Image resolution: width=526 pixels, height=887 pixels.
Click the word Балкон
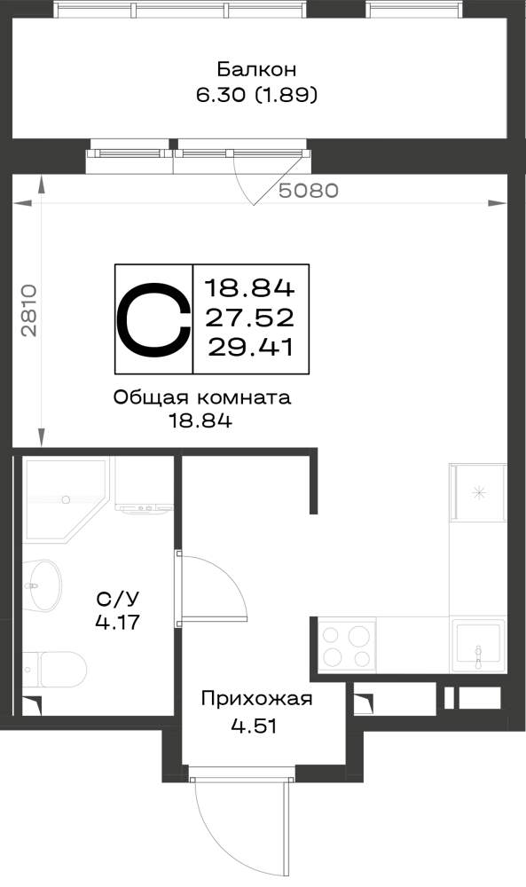[x=256, y=69]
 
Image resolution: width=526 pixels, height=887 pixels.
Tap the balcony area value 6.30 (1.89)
[x=256, y=95]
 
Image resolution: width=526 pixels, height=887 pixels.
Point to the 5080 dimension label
[x=309, y=191]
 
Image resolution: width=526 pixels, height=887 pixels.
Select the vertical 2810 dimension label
[x=29, y=310]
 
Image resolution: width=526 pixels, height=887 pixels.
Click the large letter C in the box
[x=153, y=318]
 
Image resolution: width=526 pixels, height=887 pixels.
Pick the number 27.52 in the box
[x=249, y=318]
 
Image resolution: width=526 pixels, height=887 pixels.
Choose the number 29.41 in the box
[x=250, y=347]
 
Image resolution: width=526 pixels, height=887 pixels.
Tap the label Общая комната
[x=202, y=397]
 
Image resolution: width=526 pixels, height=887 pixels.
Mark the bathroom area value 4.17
[x=118, y=623]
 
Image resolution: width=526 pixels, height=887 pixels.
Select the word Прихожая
[x=256, y=699]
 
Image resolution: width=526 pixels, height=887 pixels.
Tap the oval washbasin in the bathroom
[x=43, y=585]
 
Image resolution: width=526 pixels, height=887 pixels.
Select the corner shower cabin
[x=65, y=500]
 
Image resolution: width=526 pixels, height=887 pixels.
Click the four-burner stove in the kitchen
[x=347, y=646]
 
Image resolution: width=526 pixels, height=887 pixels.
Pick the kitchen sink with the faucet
[x=478, y=646]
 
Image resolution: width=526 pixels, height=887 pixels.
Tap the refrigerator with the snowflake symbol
[x=478, y=492]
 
